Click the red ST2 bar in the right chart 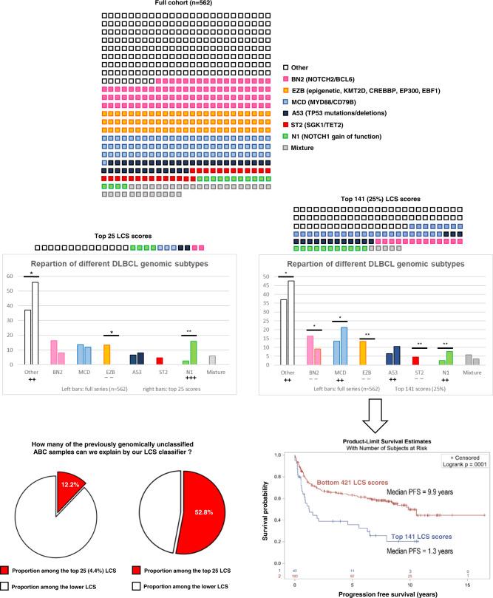pos(416,360)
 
